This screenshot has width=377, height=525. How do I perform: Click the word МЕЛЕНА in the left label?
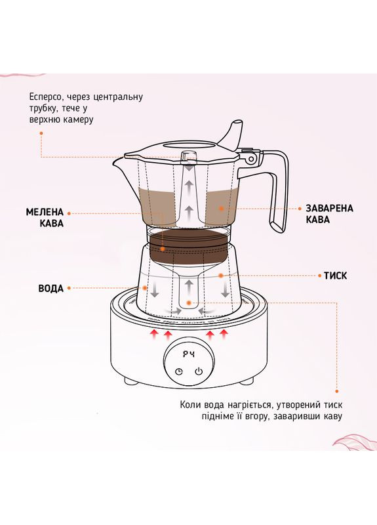[x=45, y=213]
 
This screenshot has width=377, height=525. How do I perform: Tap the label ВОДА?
[x=51, y=289]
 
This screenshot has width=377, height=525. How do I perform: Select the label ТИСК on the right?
[x=335, y=276]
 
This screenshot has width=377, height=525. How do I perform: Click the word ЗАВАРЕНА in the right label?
[x=330, y=208]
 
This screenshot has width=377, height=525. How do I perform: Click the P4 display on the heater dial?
[x=189, y=354]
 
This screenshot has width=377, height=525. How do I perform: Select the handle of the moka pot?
[x=279, y=190]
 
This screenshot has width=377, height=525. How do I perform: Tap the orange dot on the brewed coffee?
[x=222, y=208]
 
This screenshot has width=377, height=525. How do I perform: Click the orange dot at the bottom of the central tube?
[x=189, y=303]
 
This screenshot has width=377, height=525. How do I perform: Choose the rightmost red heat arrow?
[x=224, y=335]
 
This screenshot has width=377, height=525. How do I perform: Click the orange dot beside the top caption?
[x=41, y=133]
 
